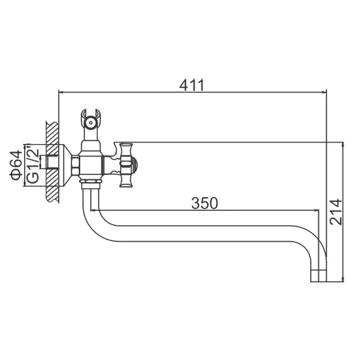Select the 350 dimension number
[204, 203]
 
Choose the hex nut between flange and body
[76, 165]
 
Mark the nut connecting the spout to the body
[91, 185]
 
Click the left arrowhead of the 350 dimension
[102, 210]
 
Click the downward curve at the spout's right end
[316, 240]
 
